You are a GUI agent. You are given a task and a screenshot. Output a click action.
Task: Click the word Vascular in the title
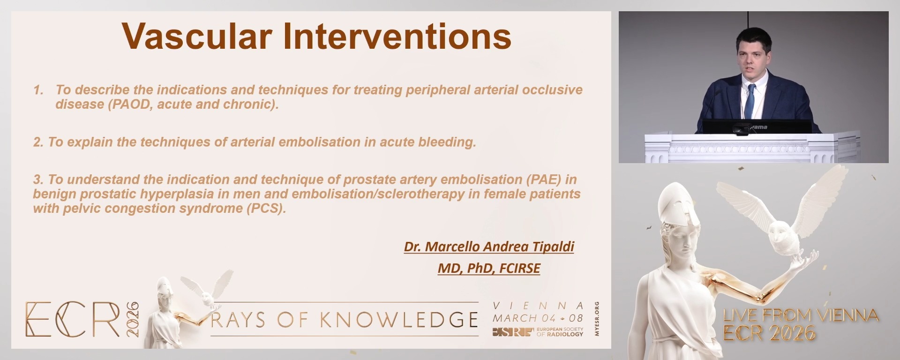(x=197, y=37)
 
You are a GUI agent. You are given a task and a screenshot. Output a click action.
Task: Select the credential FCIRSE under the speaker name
(x=520, y=268)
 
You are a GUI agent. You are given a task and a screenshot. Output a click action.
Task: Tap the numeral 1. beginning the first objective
(x=38, y=90)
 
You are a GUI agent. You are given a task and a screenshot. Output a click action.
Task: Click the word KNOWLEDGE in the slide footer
(x=399, y=320)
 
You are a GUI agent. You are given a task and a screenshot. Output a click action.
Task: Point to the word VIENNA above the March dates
(x=538, y=306)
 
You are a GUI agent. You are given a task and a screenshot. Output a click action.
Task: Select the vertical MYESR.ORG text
(x=597, y=319)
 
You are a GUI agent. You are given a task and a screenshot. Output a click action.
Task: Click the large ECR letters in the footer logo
(x=73, y=320)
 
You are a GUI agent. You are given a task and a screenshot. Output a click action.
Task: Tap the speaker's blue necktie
(x=750, y=101)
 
